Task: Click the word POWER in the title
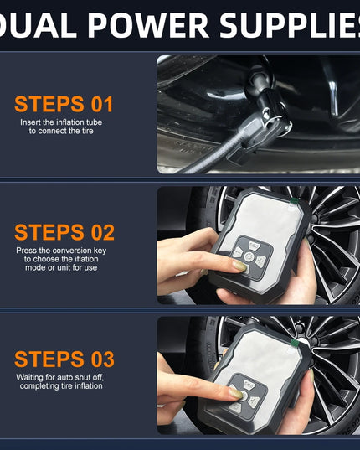(148, 24)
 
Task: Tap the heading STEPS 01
(64, 104)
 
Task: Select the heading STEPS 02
(64, 232)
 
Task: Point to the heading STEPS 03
(64, 359)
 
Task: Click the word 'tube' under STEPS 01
(94, 122)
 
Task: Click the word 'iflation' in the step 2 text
(86, 259)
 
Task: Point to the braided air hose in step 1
(212, 158)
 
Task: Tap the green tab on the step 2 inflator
(294, 200)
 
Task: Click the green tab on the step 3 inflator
(294, 343)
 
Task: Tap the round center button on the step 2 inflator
(249, 256)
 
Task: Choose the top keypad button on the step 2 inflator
(254, 246)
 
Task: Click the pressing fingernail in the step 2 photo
(240, 266)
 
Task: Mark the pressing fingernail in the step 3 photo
(236, 393)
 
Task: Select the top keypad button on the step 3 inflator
(249, 384)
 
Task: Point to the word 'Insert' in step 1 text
(30, 122)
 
